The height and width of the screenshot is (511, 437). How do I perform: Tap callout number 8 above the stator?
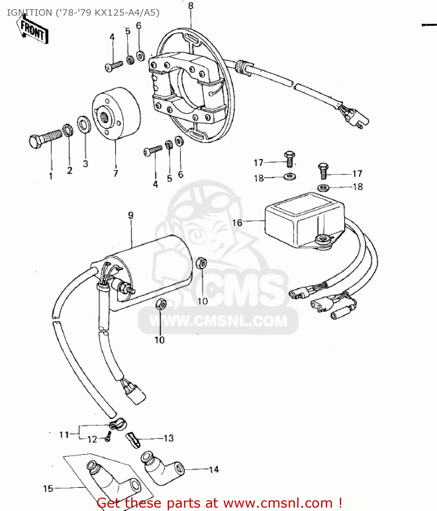pyautogui.click(x=191, y=6)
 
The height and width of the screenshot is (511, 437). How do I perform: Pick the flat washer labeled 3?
pyautogui.click(x=84, y=124)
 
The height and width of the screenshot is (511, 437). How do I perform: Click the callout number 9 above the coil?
pyautogui.click(x=131, y=215)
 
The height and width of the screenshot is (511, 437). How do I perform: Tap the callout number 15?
pyautogui.click(x=48, y=489)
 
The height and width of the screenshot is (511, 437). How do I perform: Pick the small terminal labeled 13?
pyautogui.click(x=133, y=440)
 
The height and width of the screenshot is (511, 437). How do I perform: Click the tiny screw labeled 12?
pyautogui.click(x=108, y=436)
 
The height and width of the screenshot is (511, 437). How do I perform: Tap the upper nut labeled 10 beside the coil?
pyautogui.click(x=201, y=263)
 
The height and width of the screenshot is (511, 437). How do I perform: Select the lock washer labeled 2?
pyautogui.click(x=68, y=130)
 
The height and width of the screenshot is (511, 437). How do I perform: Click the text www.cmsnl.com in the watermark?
pyautogui.click(x=218, y=321)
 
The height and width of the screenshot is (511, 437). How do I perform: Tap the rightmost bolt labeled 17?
pyautogui.click(x=323, y=171)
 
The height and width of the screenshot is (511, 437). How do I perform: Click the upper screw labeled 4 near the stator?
pyautogui.click(x=114, y=66)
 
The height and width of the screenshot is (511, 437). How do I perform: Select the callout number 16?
pyautogui.click(x=237, y=223)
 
